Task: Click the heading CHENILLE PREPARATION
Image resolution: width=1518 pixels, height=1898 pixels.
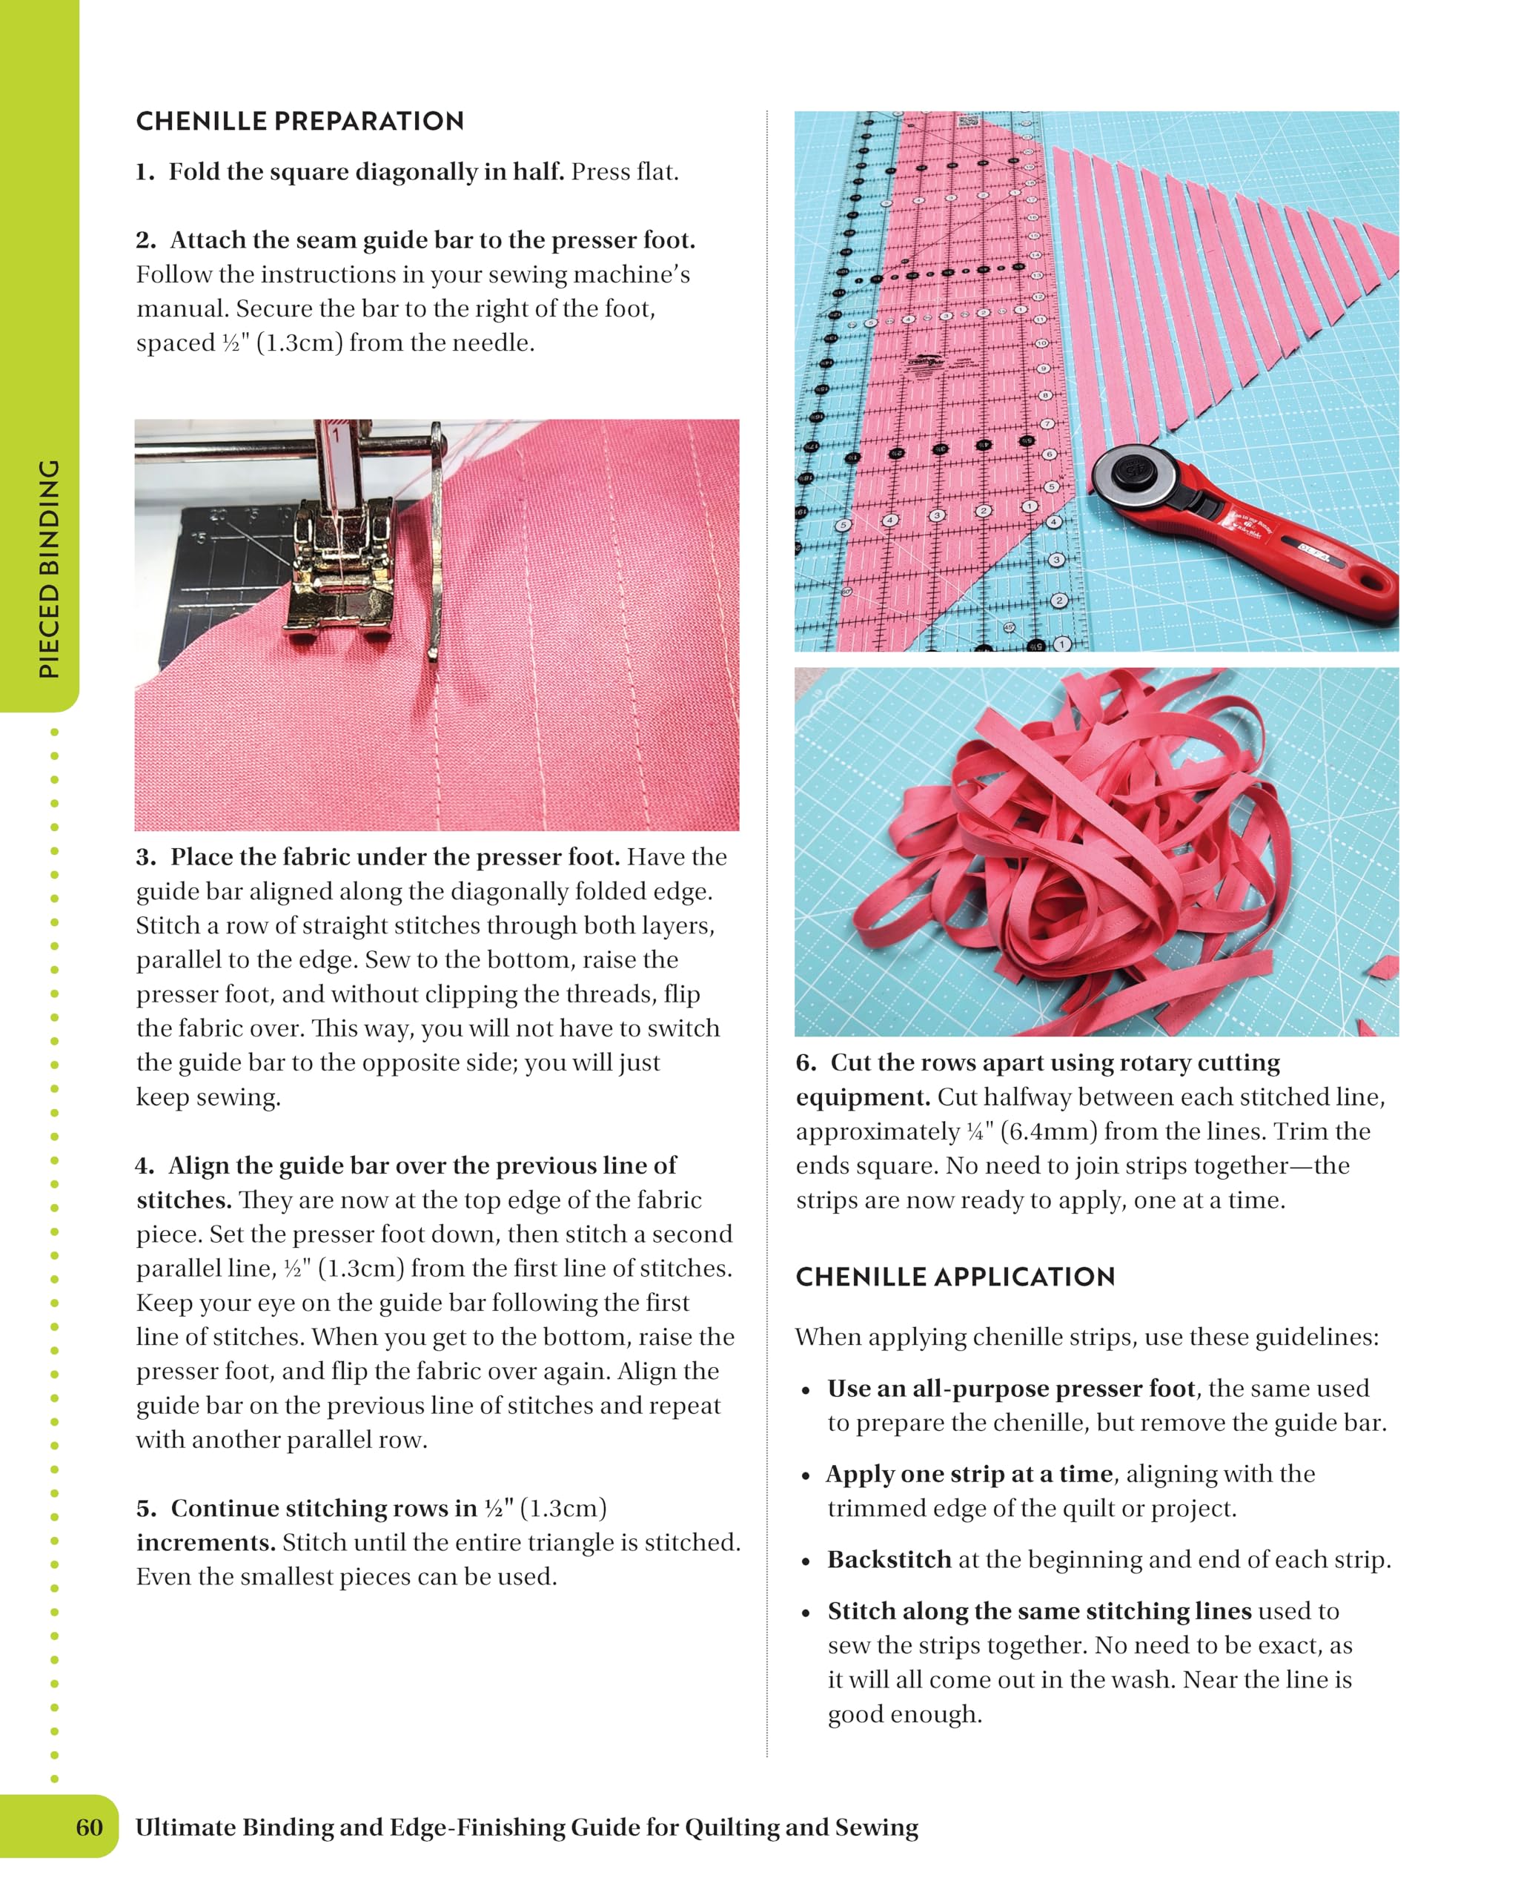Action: (x=299, y=122)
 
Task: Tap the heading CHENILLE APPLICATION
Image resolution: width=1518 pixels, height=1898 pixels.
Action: (x=955, y=1277)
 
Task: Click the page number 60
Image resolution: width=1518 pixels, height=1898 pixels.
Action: (x=89, y=1828)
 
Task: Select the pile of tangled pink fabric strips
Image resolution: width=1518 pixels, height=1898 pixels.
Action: (x=1082, y=845)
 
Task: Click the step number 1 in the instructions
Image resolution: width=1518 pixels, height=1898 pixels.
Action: (x=145, y=173)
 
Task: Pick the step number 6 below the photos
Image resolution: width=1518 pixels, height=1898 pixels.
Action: (x=804, y=1063)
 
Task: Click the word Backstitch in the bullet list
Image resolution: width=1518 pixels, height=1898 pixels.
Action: (x=889, y=1560)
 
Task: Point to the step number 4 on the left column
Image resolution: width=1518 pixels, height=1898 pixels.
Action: (x=144, y=1166)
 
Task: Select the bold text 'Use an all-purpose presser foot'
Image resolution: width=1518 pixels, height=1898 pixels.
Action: (x=1011, y=1389)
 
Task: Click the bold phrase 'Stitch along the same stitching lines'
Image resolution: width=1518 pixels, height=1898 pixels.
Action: (x=1038, y=1611)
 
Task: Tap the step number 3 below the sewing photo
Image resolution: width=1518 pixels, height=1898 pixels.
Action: (x=145, y=858)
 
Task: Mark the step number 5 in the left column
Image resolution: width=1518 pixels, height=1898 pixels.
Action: (x=145, y=1509)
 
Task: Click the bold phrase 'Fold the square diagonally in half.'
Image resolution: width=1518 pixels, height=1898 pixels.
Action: (x=366, y=173)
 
